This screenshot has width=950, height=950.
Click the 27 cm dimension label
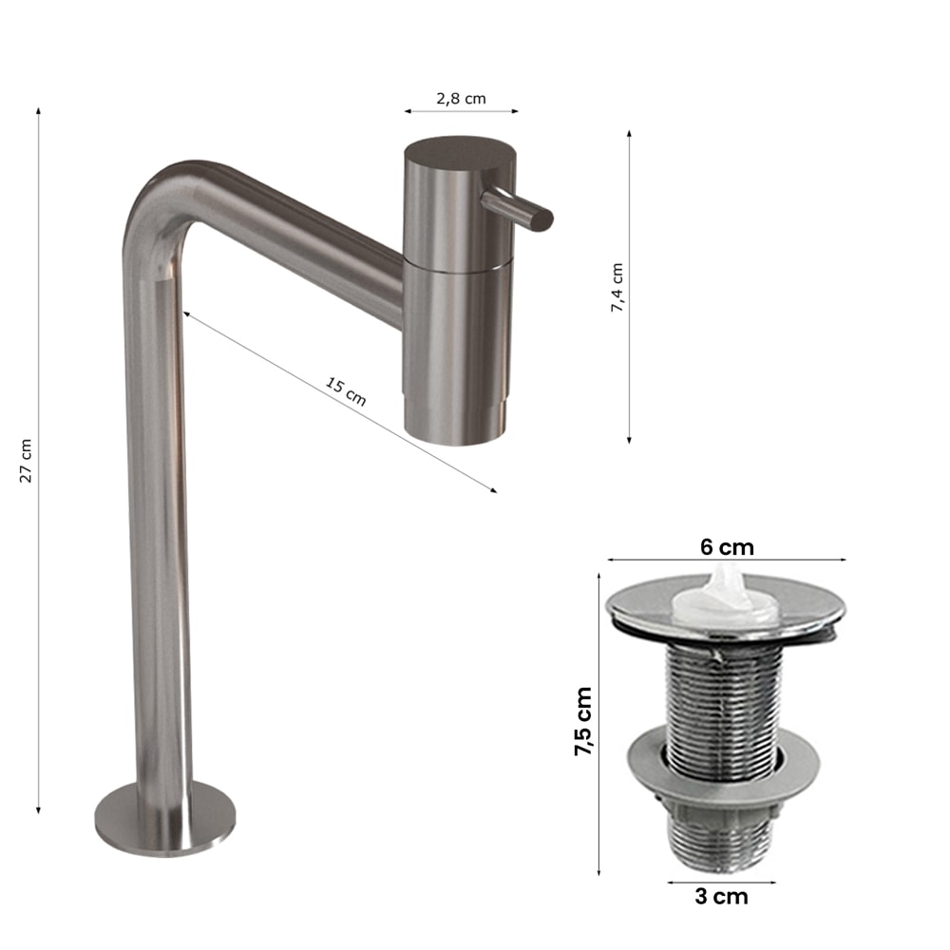tap(26, 461)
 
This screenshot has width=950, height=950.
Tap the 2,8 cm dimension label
tap(461, 99)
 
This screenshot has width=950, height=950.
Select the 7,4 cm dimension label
tap(617, 288)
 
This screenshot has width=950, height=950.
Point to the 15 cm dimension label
tap(346, 391)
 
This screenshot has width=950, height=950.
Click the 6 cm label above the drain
tap(727, 547)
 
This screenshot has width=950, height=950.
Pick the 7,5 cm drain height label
tap(583, 721)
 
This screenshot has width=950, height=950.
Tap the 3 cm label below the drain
tap(721, 897)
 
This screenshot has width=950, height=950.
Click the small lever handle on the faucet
tap(517, 209)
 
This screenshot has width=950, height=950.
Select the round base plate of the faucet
tap(164, 819)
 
